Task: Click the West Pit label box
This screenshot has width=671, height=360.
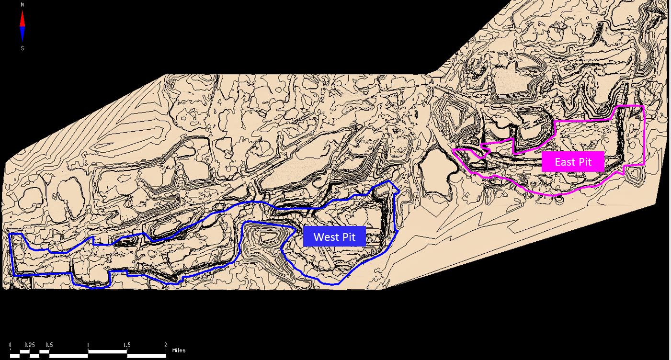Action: (x=334, y=236)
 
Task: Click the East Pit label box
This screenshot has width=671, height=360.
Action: (x=573, y=162)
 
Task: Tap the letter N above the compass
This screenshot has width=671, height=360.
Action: (x=23, y=4)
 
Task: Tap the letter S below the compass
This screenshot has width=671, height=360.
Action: (x=23, y=48)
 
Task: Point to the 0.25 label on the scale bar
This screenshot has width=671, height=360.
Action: (x=30, y=345)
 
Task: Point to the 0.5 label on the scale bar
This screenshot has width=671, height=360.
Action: (x=49, y=345)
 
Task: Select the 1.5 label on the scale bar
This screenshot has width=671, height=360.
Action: (x=127, y=345)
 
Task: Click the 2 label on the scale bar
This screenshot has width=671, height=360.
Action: (x=166, y=345)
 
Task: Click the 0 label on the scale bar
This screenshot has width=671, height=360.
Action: (x=11, y=345)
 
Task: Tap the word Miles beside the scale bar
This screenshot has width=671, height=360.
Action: (x=179, y=350)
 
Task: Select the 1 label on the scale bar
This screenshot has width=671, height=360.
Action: (x=88, y=345)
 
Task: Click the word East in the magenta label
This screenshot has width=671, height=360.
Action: (x=565, y=162)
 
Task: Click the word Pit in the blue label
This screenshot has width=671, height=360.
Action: (x=348, y=236)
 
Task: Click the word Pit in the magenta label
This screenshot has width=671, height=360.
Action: (x=585, y=162)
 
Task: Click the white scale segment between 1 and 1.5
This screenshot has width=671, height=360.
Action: (x=107, y=352)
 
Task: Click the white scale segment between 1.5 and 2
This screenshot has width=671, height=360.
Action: (x=146, y=356)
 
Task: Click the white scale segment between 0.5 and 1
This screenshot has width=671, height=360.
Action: (x=68, y=356)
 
